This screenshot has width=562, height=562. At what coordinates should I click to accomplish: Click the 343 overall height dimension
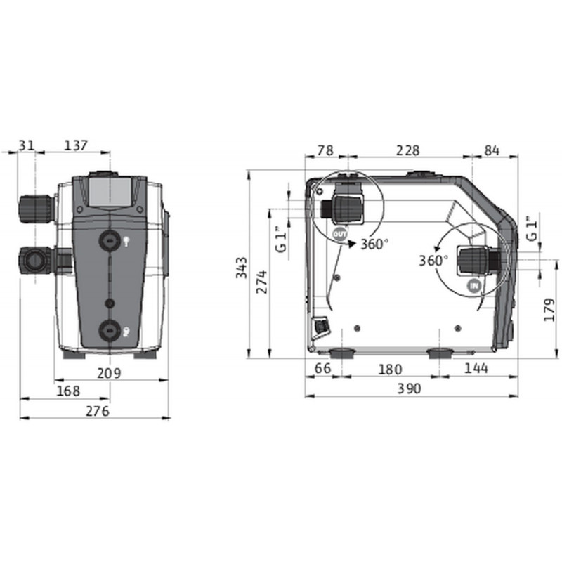pos(242,268)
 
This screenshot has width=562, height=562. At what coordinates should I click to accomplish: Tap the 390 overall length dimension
pos(410,389)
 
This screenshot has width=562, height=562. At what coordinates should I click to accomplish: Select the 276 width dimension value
pos(98,412)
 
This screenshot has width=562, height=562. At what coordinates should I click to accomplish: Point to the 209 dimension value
pos(110,374)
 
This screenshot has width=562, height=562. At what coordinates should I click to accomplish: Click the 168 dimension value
pos(68,391)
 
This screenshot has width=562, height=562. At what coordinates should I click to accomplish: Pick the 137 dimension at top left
pos(76,145)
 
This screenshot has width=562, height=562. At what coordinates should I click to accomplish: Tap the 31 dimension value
pos(26,145)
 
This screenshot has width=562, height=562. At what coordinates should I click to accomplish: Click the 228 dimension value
pos(408,150)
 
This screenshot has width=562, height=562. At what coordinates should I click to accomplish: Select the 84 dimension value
pos(492,150)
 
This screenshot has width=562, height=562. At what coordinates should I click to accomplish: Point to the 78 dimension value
pos(326,150)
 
